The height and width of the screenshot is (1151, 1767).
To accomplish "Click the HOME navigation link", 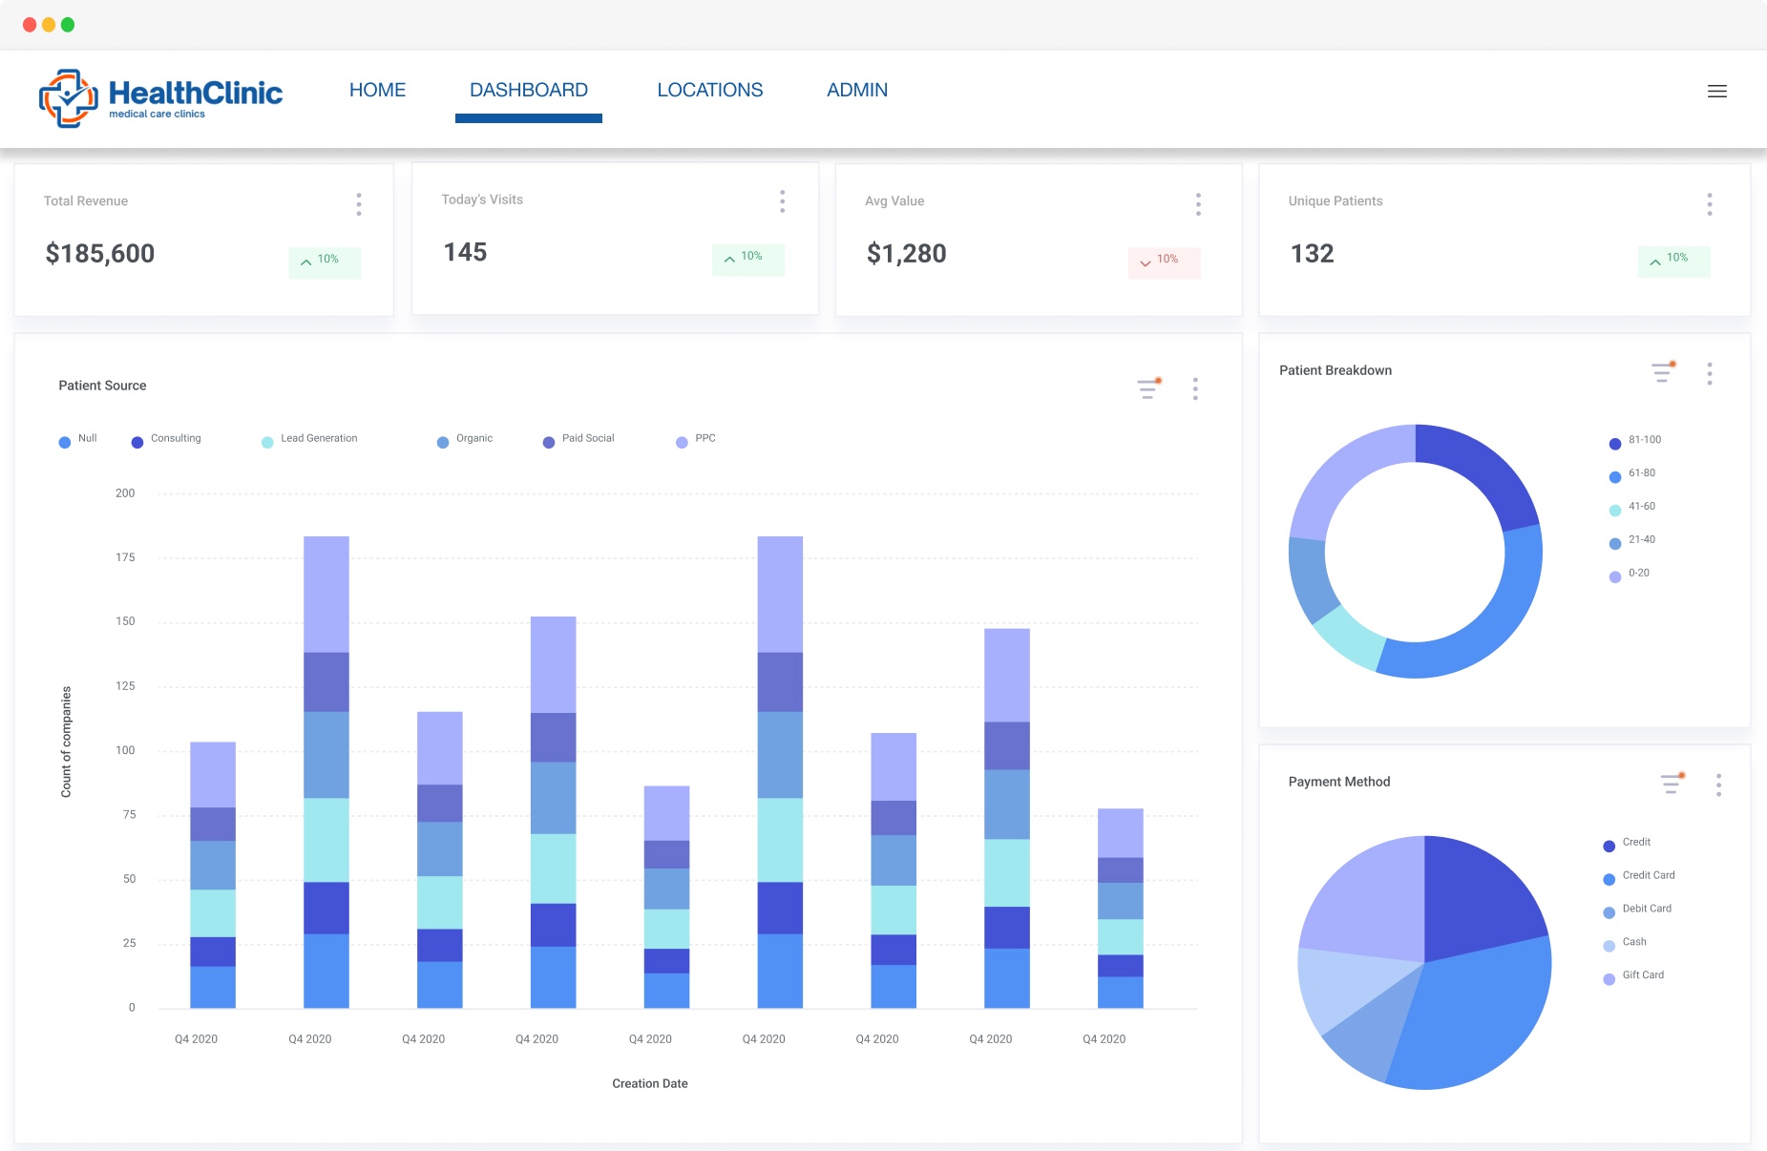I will [x=377, y=90].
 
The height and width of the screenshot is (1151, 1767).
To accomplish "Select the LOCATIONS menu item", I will [x=709, y=90].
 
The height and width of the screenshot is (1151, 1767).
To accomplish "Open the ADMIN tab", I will [x=856, y=90].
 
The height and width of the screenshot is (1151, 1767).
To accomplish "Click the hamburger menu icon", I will [x=1716, y=92].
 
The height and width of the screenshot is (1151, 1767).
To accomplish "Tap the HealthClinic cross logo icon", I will [x=68, y=97].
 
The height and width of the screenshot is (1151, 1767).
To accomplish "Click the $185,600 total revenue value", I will [x=100, y=254].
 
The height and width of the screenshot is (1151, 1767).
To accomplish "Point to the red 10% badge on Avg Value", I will [x=1163, y=261].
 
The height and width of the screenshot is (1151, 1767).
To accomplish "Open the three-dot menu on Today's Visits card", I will [x=782, y=201].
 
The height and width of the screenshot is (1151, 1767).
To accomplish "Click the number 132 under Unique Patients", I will [x=1312, y=254].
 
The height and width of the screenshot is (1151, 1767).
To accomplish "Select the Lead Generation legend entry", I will [x=318, y=439].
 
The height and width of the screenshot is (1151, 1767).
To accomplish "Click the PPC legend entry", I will [x=705, y=439].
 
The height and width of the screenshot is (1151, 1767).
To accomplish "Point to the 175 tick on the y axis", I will [x=125, y=557].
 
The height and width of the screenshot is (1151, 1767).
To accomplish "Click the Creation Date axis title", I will [x=649, y=1083].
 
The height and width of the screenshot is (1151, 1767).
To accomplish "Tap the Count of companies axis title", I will [x=66, y=742].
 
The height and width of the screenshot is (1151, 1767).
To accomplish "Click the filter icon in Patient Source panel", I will [x=1148, y=387].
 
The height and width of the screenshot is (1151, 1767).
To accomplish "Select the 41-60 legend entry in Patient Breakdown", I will [x=1641, y=507].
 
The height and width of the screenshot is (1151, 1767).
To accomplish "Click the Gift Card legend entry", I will [x=1642, y=975].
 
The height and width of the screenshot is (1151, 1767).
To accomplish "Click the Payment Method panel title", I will [x=1338, y=782].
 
